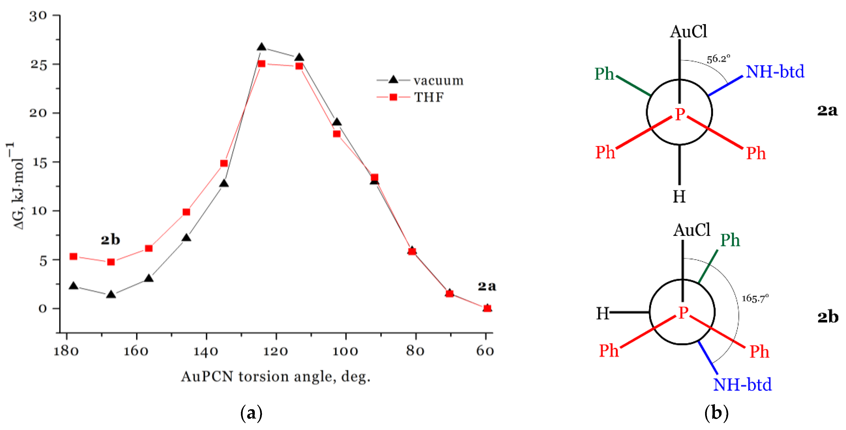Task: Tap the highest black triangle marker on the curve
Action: pos(262,47)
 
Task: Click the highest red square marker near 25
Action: pos(262,64)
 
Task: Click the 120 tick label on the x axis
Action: pos(276,351)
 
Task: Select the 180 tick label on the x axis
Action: pos(66,351)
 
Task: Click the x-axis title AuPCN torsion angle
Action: pos(276,376)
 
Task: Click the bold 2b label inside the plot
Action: pos(110,240)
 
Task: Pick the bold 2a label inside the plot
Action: pos(487,286)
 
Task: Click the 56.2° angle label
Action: pos(718,59)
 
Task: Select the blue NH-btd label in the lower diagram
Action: pos(742,384)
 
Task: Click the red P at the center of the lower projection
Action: pos(683,312)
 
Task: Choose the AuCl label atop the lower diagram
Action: pos(691,230)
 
